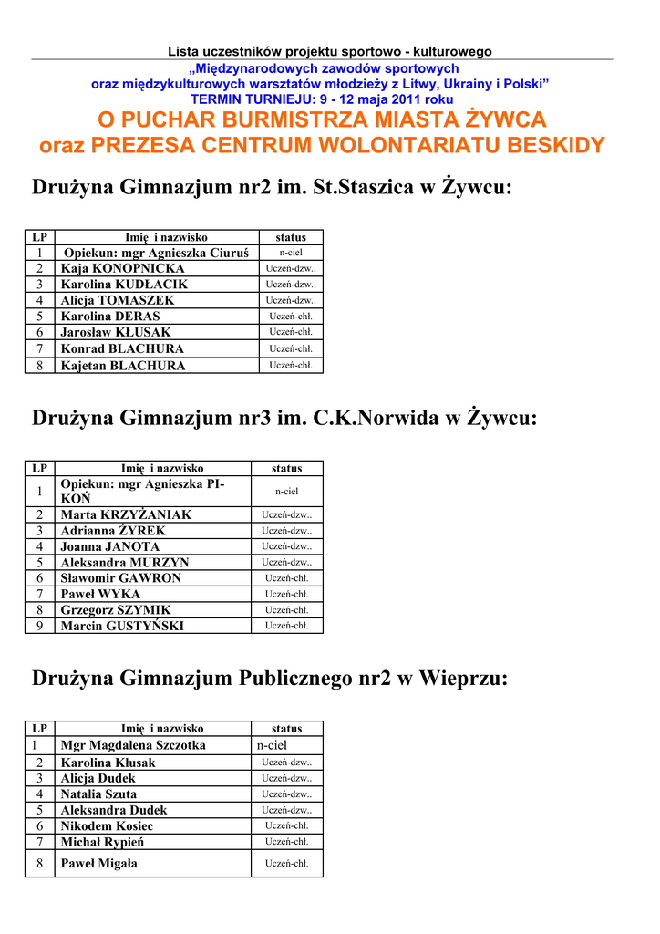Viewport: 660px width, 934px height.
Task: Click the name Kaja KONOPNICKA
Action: point(122,268)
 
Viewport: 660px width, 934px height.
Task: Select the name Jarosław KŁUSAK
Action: point(116,332)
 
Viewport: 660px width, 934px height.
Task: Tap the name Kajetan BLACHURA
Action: point(123,366)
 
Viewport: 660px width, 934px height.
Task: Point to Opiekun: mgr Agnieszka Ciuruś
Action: point(157,253)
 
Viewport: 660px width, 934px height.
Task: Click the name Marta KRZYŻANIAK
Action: point(126,514)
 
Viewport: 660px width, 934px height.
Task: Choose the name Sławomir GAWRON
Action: point(120,578)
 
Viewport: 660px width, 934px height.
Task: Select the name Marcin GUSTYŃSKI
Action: point(122,626)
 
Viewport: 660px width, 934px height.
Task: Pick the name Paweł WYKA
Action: point(100,594)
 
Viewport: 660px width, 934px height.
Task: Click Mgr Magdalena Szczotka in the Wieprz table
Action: point(133,745)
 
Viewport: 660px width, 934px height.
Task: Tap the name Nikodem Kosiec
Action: point(107,825)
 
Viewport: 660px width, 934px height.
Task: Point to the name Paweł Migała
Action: point(98,863)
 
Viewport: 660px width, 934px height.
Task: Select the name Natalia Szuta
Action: point(98,794)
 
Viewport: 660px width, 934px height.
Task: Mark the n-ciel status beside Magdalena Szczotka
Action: point(272,745)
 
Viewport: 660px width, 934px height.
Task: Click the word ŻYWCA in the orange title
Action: point(502,119)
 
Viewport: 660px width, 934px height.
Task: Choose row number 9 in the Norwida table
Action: point(39,626)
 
